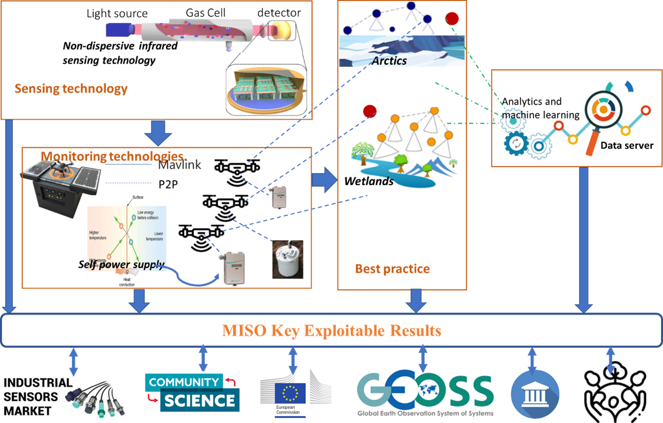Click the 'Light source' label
pyautogui.click(x=117, y=13)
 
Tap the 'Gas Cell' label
pyautogui.click(x=205, y=13)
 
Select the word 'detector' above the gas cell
pyautogui.click(x=279, y=13)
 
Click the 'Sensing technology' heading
pyautogui.click(x=71, y=88)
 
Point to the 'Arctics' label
pyautogui.click(x=389, y=61)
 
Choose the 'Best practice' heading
pyautogui.click(x=392, y=269)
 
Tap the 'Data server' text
pyautogui.click(x=627, y=146)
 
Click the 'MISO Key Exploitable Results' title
pyautogui.click(x=331, y=331)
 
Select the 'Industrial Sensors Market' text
pyautogui.click(x=37, y=397)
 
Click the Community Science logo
pyautogui.click(x=192, y=394)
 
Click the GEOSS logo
pyautogui.click(x=426, y=393)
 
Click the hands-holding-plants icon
pyautogui.click(x=615, y=392)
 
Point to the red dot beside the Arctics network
pyautogui.click(x=451, y=19)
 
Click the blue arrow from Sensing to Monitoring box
pyautogui.click(x=158, y=132)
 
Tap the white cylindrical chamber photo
pyautogui.click(x=288, y=260)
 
